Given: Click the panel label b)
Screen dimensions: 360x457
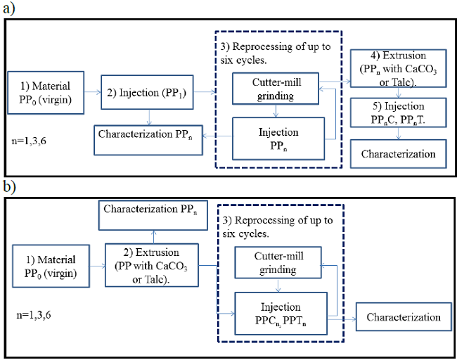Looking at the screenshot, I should [11, 188].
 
